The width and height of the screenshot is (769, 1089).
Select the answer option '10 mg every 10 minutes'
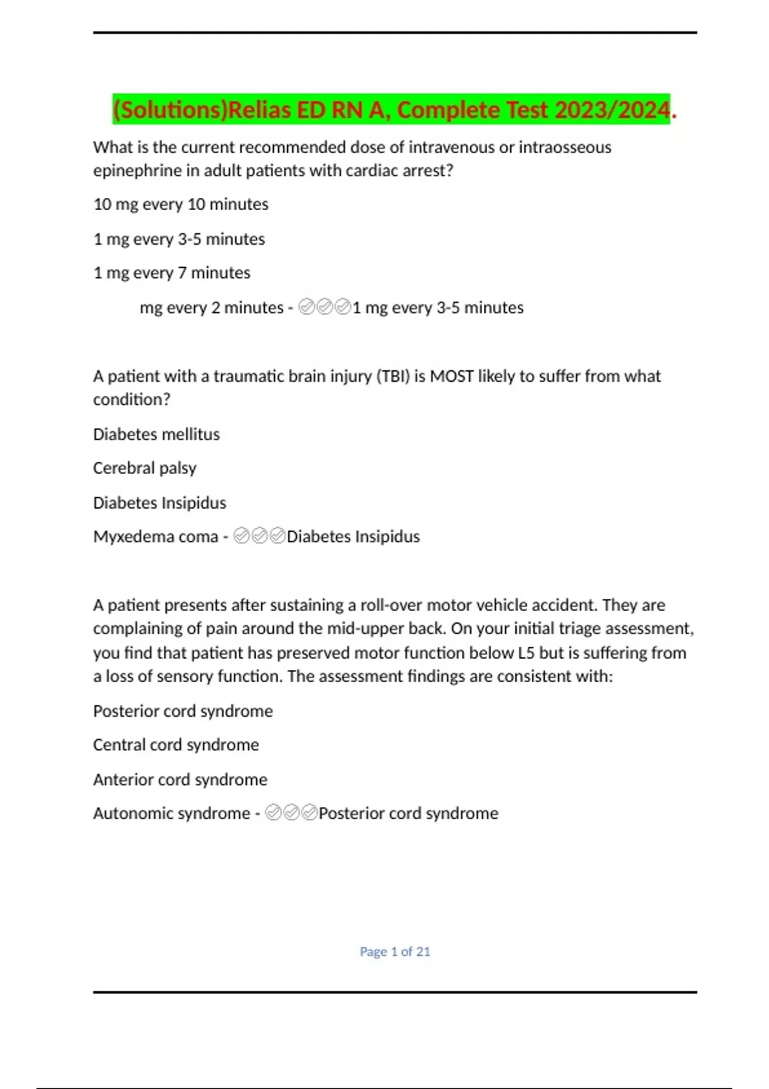point(181,204)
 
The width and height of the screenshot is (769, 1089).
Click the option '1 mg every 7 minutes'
point(172,273)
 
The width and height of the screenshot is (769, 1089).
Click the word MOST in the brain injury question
point(452,376)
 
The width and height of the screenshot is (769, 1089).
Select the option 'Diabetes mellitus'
point(156,434)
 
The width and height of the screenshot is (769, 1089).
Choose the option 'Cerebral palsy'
point(145,468)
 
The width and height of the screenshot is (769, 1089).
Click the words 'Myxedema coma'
point(156,537)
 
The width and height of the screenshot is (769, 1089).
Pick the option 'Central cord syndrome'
point(176,745)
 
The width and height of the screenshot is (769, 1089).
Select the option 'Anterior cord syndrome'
point(180,780)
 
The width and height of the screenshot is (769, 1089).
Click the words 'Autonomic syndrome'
point(172,814)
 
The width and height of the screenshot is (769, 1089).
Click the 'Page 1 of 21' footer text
point(395,952)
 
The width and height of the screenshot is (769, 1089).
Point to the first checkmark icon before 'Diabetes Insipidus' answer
point(242,536)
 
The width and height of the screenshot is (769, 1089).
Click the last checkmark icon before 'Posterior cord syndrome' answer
point(310,813)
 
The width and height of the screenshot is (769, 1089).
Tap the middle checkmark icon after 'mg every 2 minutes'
point(325,307)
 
